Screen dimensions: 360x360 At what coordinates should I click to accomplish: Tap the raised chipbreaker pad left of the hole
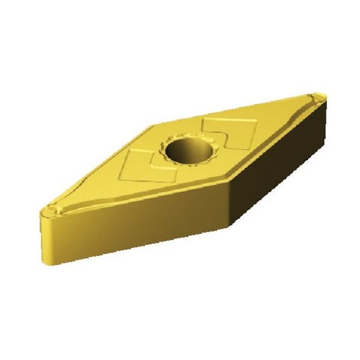click(146, 167)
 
